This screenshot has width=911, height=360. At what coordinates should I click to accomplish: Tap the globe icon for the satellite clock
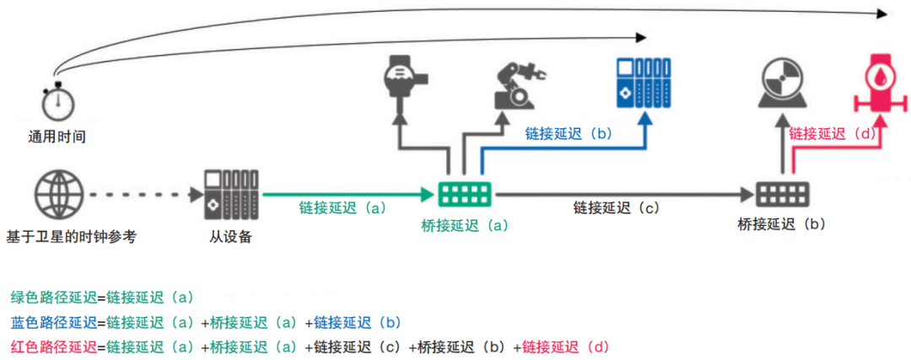click(58, 195)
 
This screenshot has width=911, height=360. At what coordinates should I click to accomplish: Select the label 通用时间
click(57, 136)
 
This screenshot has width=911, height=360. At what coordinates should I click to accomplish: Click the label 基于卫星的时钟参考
click(71, 237)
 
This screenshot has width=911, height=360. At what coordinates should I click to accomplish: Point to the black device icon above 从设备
click(230, 194)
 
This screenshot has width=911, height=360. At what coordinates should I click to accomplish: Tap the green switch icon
click(466, 195)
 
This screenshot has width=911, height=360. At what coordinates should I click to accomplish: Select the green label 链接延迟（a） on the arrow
click(342, 207)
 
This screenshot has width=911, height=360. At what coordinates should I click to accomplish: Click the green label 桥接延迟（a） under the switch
click(466, 225)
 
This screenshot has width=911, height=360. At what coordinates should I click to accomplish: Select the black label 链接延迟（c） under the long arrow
click(616, 207)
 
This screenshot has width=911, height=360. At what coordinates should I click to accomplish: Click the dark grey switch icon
click(782, 195)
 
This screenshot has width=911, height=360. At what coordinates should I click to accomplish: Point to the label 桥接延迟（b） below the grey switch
click(781, 224)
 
